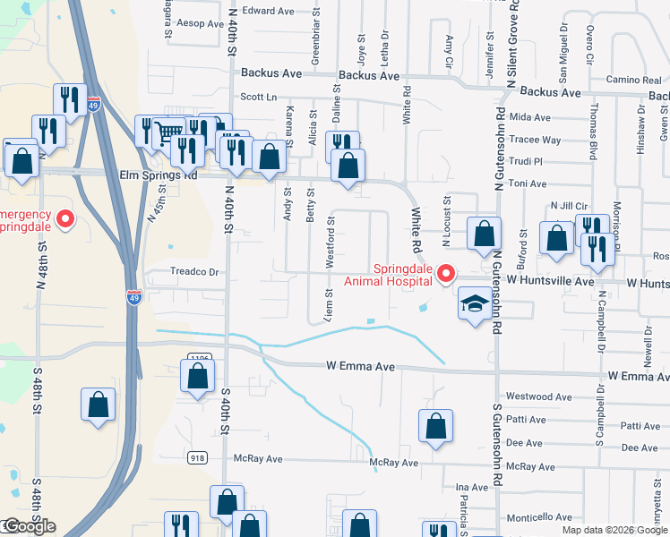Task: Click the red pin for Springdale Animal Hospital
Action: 449,275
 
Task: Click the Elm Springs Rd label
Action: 158,176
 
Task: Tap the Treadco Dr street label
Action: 194,272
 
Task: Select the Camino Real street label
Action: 633,80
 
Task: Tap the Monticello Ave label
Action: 538,517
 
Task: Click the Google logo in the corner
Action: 29,526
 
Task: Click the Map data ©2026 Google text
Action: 614,530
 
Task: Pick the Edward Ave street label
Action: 268,11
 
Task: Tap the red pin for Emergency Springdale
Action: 64,219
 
